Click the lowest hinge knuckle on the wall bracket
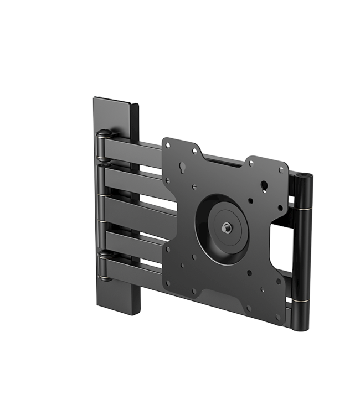(102, 256)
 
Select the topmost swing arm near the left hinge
(133, 147)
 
